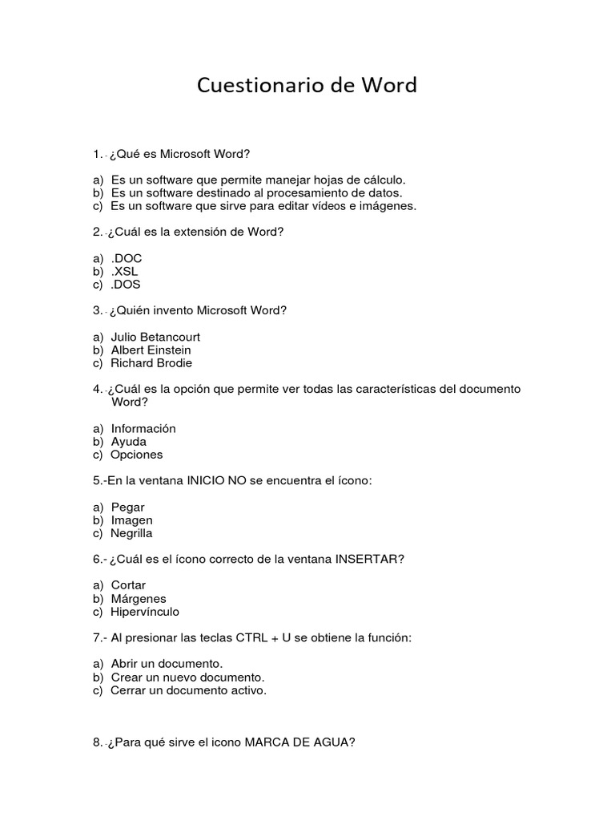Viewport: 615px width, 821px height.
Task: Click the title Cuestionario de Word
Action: (x=307, y=86)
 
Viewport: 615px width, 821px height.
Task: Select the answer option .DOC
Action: (x=127, y=258)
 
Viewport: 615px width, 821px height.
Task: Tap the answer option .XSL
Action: (x=126, y=271)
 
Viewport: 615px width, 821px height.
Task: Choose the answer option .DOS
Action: (x=127, y=284)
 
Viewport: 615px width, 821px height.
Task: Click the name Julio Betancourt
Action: (x=155, y=337)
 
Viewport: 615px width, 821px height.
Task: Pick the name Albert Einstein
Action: (x=151, y=350)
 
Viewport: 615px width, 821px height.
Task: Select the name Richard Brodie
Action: (x=151, y=362)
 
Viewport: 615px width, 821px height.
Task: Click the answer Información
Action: (x=143, y=428)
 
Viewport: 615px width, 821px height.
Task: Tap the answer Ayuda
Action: (x=128, y=441)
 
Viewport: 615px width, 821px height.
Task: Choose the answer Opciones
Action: (x=136, y=455)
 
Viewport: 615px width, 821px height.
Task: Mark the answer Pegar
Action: (x=127, y=507)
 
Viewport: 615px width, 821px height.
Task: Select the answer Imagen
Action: (x=131, y=520)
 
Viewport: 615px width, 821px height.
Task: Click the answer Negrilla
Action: (x=131, y=533)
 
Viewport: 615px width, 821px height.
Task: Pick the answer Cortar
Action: (x=128, y=585)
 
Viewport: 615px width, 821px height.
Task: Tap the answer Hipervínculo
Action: (x=145, y=612)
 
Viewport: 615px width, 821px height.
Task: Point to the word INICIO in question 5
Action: (x=207, y=480)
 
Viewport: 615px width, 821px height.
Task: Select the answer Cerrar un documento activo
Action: (x=188, y=690)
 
